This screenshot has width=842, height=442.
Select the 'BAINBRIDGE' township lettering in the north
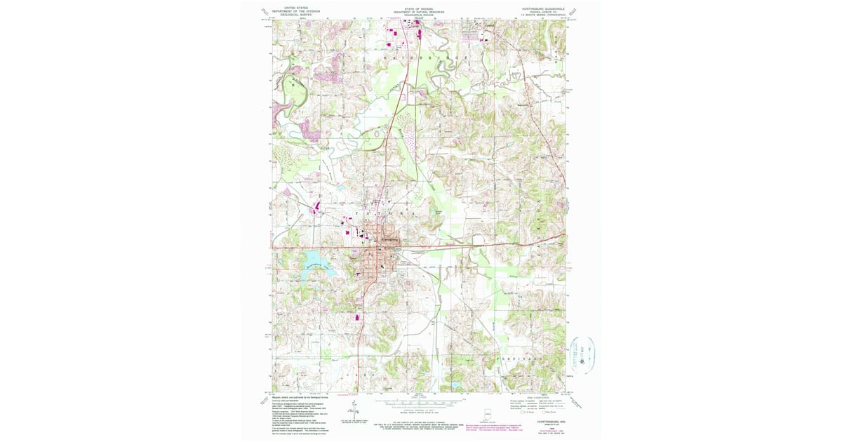pyautogui.click(x=415, y=52)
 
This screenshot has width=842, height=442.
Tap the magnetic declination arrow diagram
pyautogui.click(x=349, y=414)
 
